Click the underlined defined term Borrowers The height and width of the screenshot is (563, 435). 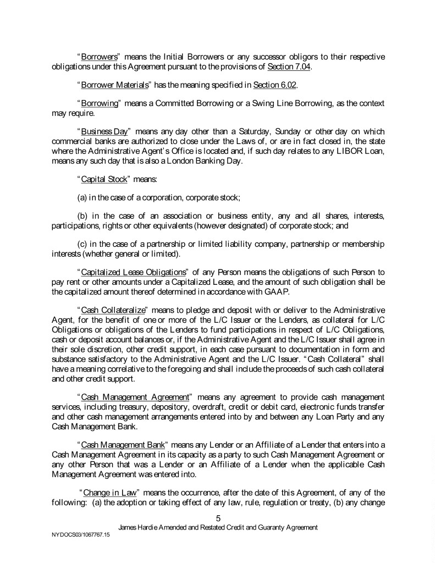coord(98,57)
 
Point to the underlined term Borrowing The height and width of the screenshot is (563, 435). coord(100,103)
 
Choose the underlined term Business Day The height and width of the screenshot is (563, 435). coord(104,132)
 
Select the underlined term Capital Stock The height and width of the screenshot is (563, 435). coord(104,179)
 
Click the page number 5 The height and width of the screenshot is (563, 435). coord(218,518)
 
